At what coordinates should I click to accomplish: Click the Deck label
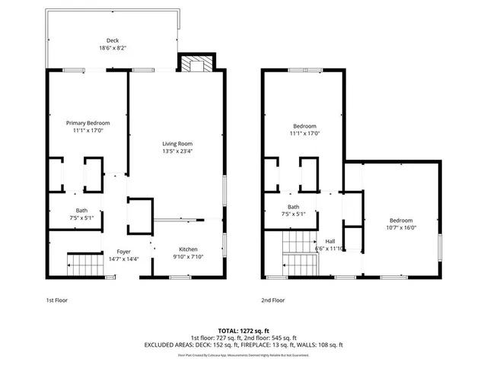point(112,41)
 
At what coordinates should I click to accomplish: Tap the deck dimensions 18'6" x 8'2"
point(112,48)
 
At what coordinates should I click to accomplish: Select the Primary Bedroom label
point(88,123)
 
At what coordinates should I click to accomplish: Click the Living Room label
point(177,144)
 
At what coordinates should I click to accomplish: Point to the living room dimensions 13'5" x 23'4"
point(177,151)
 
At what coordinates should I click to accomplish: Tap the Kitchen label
point(188,249)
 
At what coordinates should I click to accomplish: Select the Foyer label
point(123,251)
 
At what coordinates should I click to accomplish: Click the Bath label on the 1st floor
point(81,211)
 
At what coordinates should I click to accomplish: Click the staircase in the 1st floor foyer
point(84,265)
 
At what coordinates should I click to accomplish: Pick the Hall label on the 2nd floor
point(330,240)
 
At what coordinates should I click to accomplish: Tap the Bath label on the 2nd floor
point(293,207)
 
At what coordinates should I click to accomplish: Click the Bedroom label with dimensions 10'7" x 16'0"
point(401,220)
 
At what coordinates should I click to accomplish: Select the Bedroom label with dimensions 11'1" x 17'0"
point(305,126)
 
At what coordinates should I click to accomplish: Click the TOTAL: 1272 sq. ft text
point(242,331)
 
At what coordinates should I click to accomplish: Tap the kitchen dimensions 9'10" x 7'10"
point(188,257)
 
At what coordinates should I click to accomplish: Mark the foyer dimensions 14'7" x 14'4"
point(123,259)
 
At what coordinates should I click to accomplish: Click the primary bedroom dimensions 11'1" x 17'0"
point(88,130)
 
